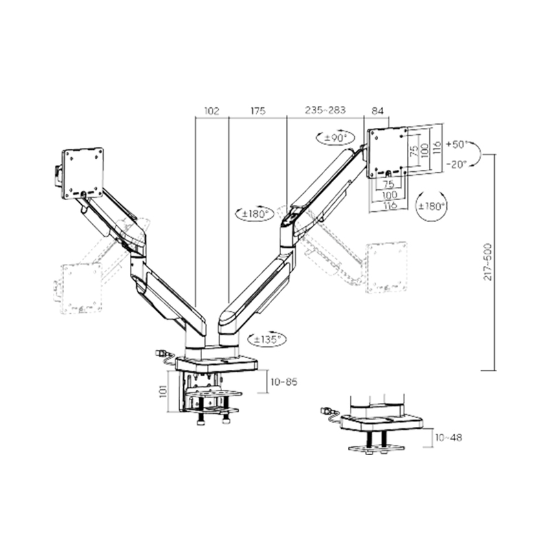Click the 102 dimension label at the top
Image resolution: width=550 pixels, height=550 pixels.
click(x=212, y=111)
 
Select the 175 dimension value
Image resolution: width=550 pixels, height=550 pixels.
click(x=258, y=111)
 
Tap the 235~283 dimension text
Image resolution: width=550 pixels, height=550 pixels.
click(x=325, y=110)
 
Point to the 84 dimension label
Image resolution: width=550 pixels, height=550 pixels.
click(x=377, y=111)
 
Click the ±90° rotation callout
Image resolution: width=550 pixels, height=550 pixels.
click(x=335, y=138)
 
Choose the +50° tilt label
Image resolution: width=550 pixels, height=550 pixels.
click(x=457, y=144)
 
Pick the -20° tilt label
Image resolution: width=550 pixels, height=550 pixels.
click(x=457, y=164)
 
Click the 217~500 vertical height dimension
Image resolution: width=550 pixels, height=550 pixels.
click(x=487, y=262)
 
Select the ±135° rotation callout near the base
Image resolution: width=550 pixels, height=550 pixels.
click(x=267, y=339)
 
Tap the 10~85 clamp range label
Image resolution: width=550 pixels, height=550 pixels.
click(x=284, y=382)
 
